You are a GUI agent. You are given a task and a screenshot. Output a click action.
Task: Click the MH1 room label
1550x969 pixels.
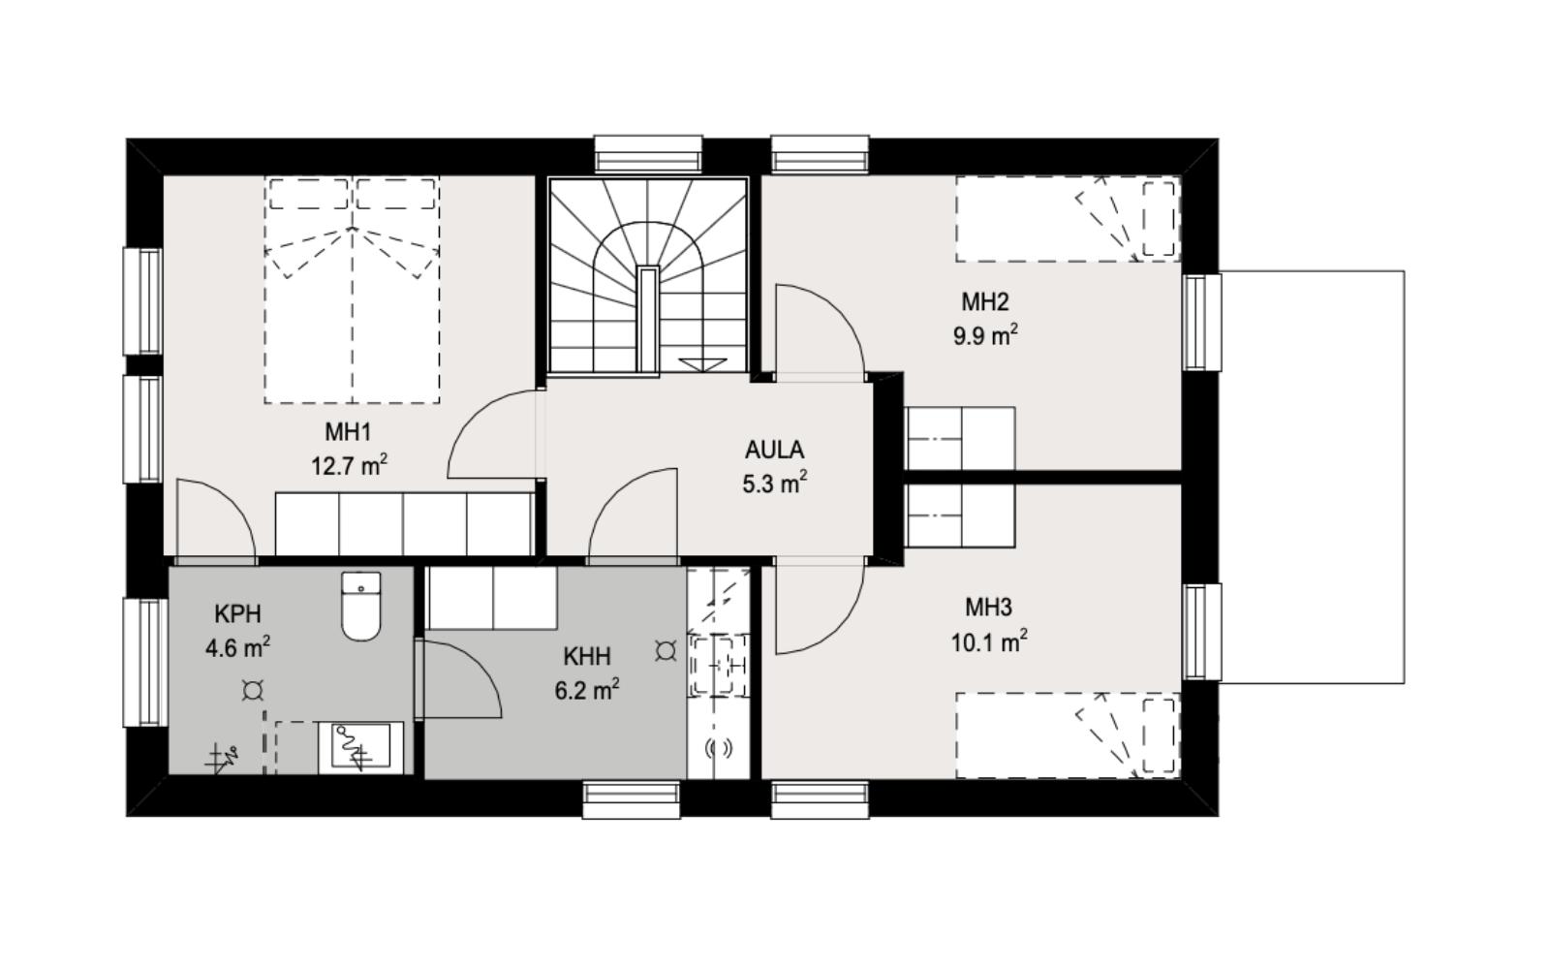348,432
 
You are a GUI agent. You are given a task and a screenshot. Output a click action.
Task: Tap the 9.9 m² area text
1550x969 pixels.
985,336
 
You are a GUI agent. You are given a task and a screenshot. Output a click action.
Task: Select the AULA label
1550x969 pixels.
774,450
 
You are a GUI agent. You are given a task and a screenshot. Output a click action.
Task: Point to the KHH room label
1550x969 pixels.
587,656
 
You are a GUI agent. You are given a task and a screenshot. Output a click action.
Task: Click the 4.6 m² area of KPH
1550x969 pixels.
237,648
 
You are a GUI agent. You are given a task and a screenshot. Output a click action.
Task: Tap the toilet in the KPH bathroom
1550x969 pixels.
361,607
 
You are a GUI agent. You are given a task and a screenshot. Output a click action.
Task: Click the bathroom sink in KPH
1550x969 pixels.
360,747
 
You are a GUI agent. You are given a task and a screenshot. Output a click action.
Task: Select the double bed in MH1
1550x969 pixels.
352,290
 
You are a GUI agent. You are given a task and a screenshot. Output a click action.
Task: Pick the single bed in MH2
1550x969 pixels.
1069,219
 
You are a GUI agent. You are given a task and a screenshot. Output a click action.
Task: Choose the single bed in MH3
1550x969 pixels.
1069,735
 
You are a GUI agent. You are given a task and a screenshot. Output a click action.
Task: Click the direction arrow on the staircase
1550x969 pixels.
702,364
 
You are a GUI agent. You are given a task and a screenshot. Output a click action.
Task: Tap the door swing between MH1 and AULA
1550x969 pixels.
493,434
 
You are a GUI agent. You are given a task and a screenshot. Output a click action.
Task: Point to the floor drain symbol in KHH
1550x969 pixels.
666,650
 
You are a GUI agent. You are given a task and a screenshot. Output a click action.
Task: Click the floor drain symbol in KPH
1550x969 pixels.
253,690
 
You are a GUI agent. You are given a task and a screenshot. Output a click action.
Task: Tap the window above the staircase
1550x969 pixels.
648,154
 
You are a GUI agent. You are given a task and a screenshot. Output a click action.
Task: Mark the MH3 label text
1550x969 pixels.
988,608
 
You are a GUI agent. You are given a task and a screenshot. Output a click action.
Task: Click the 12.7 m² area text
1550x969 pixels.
349,466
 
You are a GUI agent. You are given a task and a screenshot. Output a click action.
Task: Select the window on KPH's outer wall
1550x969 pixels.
144,663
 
